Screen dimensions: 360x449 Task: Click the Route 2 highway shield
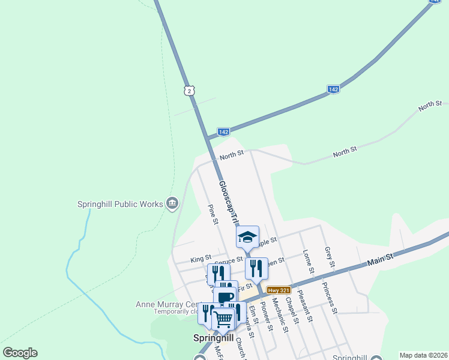click(189, 91)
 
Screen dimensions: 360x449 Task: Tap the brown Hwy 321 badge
click(279, 290)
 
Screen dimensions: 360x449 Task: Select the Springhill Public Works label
click(120, 204)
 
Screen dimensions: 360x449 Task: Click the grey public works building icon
click(172, 204)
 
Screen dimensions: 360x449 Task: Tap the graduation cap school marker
click(247, 237)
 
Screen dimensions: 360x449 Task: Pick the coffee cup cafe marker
click(226, 296)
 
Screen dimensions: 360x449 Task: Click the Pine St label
click(212, 214)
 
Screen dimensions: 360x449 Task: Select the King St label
click(197, 259)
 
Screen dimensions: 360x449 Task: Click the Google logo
click(20, 353)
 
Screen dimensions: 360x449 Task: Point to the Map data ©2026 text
click(423, 355)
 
